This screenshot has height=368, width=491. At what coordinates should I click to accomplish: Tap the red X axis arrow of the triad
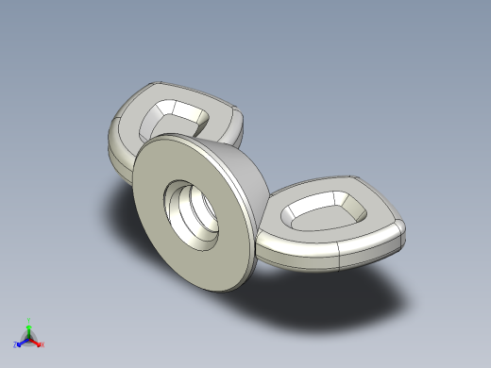(x=38, y=343)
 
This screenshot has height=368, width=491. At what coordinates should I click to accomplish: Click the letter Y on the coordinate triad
(x=29, y=319)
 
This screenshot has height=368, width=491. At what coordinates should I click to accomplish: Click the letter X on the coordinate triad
(x=42, y=345)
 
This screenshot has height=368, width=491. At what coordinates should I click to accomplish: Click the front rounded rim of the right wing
(x=302, y=253)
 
